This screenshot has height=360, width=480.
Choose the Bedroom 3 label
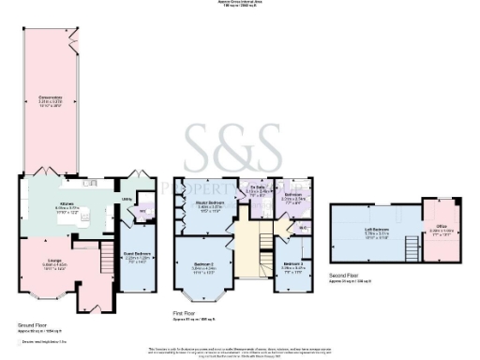[293, 265]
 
